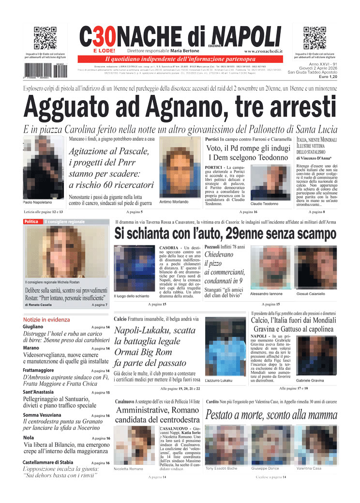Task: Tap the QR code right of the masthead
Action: coord(315,38)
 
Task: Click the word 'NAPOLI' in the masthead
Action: coord(246,36)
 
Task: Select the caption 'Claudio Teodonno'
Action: coord(264,204)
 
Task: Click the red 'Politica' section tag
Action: coord(31,222)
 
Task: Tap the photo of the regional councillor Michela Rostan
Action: coord(67,252)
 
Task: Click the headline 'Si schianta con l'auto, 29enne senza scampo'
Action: coord(225,234)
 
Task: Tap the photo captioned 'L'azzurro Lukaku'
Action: coord(225,346)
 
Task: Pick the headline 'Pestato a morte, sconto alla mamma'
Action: coord(271,415)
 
